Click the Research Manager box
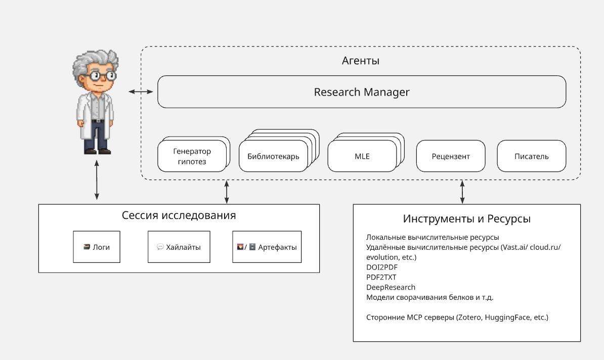(362, 92)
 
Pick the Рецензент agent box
(451, 156)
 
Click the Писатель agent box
(532, 156)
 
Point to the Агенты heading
(361, 61)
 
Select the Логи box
(97, 247)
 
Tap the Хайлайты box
(179, 247)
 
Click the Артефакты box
(267, 247)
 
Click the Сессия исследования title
(179, 215)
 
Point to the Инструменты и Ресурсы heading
(467, 219)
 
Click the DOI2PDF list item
(382, 267)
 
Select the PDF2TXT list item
(381, 277)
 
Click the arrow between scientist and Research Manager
(141, 92)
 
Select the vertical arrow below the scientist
(97, 180)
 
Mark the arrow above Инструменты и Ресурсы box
(462, 192)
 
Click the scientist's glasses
(101, 75)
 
